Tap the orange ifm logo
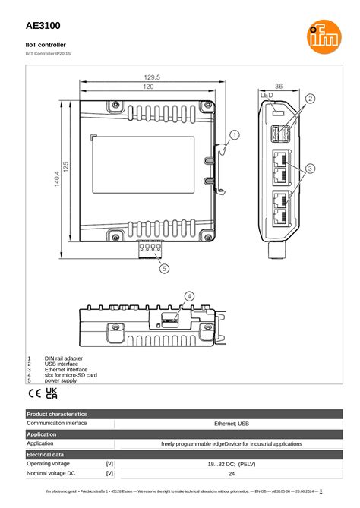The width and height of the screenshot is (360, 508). click(x=319, y=34)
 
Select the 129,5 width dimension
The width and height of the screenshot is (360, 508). click(x=152, y=77)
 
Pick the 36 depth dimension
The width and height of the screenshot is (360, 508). click(x=278, y=87)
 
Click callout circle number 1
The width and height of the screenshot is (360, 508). click(x=235, y=135)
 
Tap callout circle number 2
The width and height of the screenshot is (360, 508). click(x=310, y=99)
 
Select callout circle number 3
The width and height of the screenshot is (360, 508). click(x=310, y=167)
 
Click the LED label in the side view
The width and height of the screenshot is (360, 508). click(x=267, y=96)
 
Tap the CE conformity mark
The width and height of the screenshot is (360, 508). click(x=35, y=393)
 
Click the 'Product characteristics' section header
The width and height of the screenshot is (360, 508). click(x=57, y=414)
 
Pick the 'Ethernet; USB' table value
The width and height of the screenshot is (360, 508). click(x=232, y=424)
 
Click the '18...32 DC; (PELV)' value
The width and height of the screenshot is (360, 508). click(x=232, y=463)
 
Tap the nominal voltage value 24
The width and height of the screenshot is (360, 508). click(x=232, y=473)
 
